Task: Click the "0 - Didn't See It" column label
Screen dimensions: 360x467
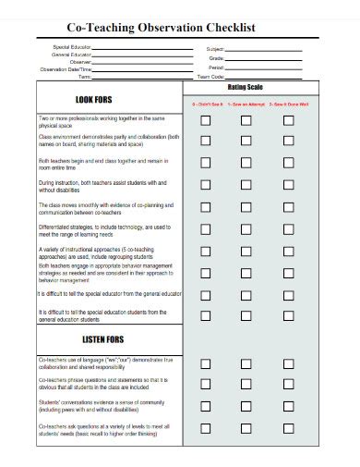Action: click(208, 105)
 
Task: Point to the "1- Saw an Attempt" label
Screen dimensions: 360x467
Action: click(246, 105)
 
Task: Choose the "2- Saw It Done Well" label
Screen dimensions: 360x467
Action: click(284, 105)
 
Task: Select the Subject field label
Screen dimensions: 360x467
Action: click(215, 47)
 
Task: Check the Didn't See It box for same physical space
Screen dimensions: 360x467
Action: click(207, 120)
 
